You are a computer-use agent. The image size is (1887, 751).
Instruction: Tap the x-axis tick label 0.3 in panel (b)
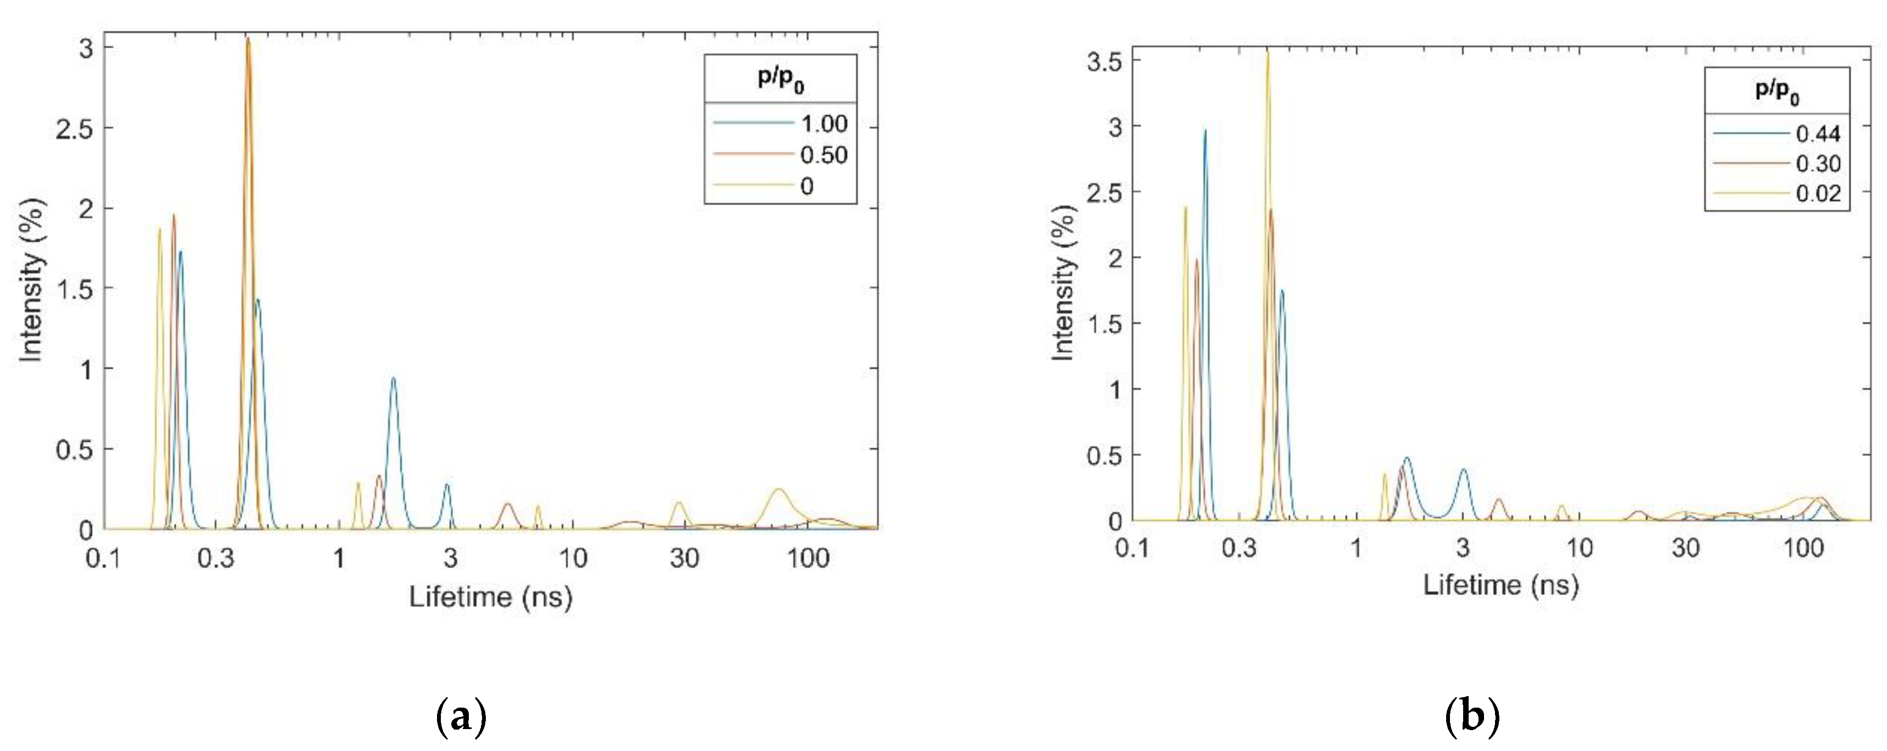click(x=1239, y=548)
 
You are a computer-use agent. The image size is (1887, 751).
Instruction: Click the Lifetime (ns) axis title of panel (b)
click(x=1500, y=585)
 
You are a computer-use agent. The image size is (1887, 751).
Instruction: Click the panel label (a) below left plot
click(x=461, y=718)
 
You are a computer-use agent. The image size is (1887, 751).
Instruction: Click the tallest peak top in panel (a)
click(x=248, y=39)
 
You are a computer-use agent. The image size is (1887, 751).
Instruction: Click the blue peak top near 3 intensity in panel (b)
click(x=1205, y=131)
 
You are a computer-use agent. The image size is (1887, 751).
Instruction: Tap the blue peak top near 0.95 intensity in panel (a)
click(x=393, y=378)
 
